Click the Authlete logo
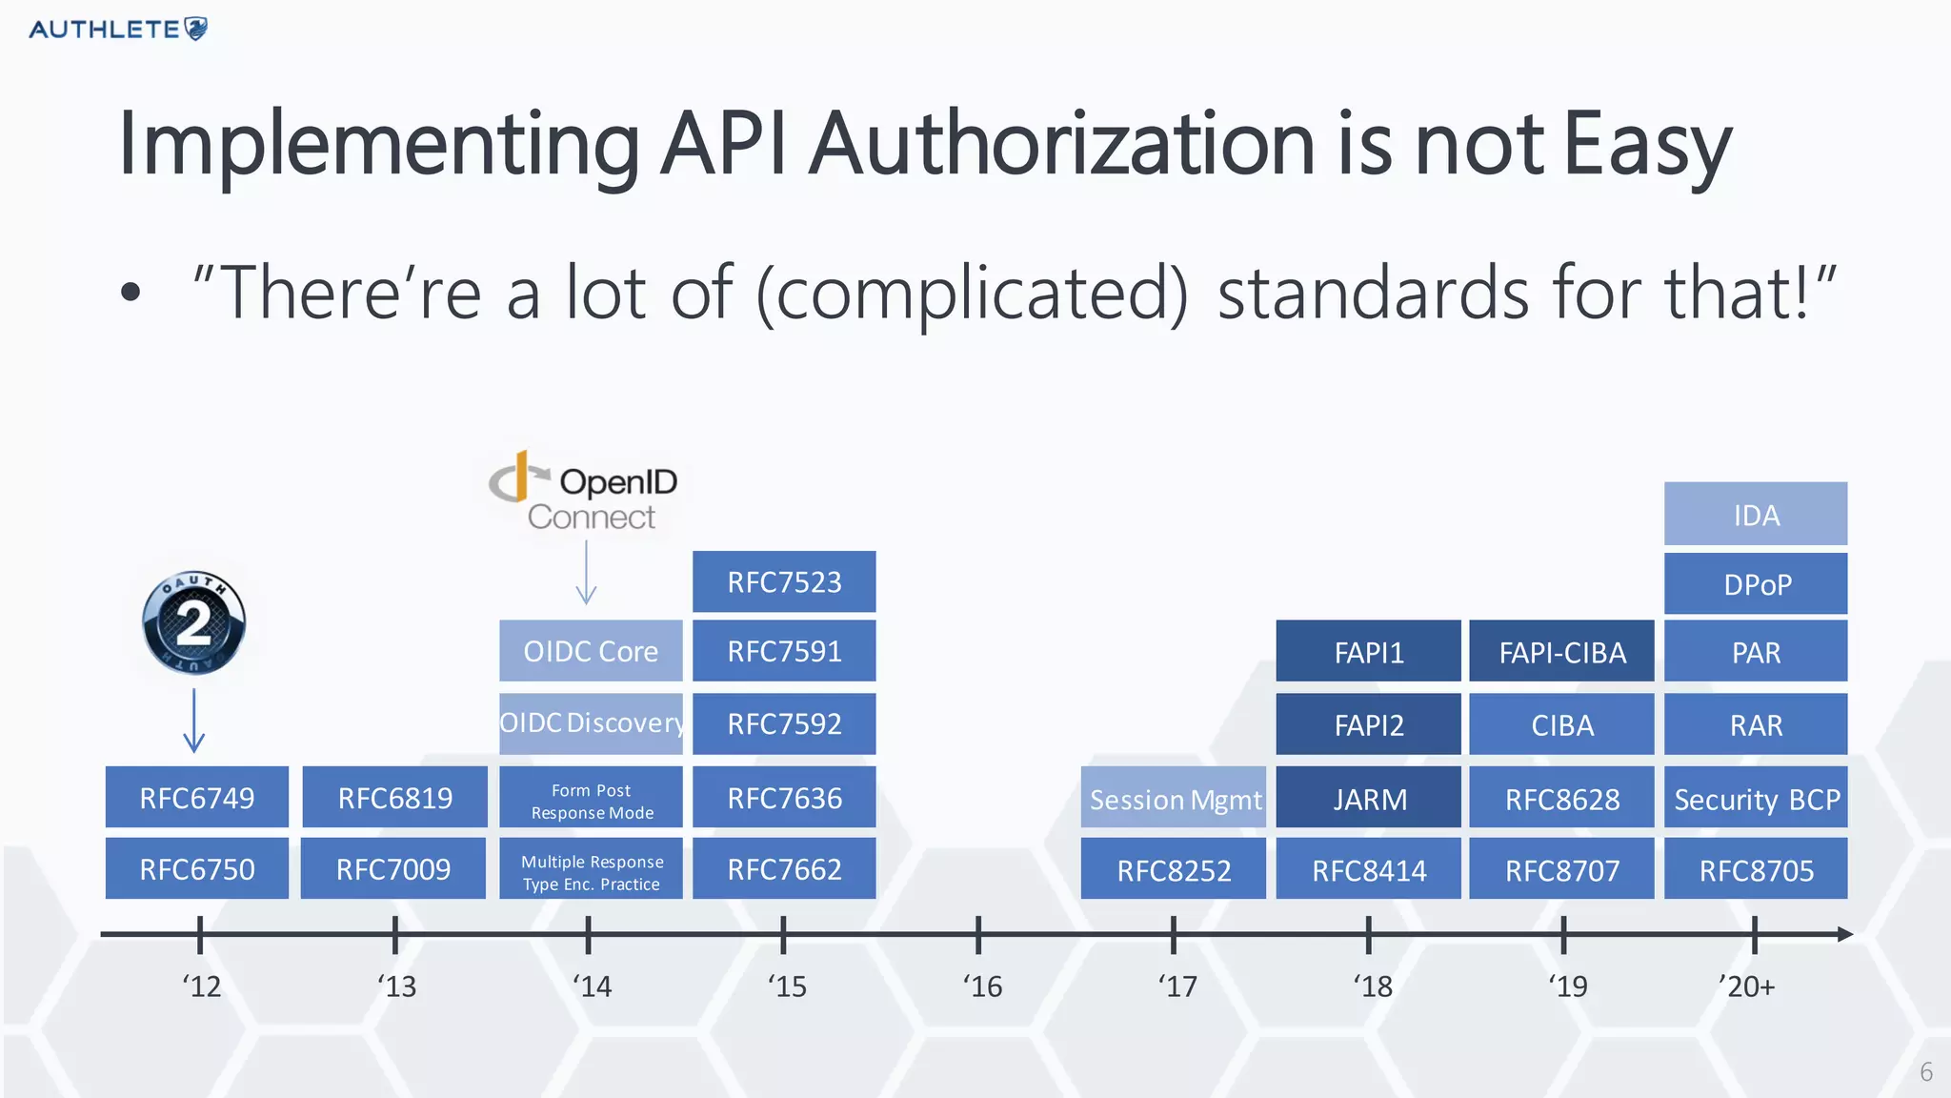(x=118, y=30)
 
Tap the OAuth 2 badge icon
(x=193, y=623)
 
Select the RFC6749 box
(x=197, y=798)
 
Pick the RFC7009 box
(x=393, y=869)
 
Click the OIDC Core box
(x=591, y=651)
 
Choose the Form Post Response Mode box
(x=591, y=801)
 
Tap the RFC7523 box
(x=784, y=581)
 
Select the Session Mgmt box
(x=1174, y=799)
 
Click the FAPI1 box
(x=1368, y=652)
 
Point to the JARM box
(x=1368, y=799)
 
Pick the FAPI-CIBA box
(x=1561, y=652)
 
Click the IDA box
(x=1756, y=515)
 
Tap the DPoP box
(x=1756, y=583)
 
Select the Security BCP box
(x=1756, y=799)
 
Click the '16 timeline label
(x=982, y=986)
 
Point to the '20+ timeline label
(x=1747, y=986)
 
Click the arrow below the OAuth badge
(x=194, y=722)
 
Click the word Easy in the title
(x=1647, y=145)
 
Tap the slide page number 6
(x=1925, y=1072)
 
